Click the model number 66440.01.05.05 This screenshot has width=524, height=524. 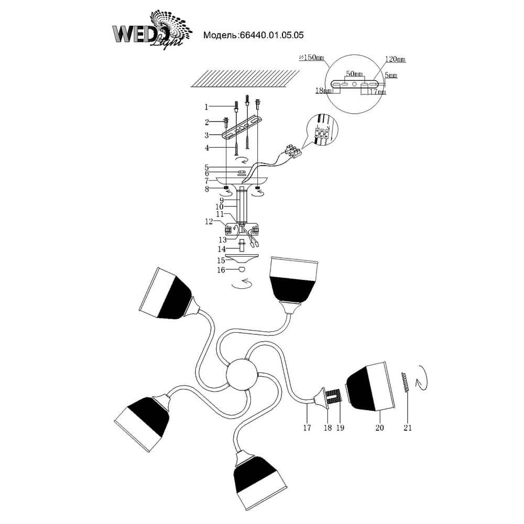point(271,36)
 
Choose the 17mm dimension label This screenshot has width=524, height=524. point(377,92)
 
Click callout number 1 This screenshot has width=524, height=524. point(206,107)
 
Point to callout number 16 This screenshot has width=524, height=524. point(221,270)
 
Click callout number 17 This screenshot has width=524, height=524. point(307,428)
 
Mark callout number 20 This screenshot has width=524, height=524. point(379,428)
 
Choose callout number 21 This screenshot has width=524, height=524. point(408,428)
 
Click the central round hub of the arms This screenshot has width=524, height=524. point(242,374)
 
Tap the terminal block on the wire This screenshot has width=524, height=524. point(292,152)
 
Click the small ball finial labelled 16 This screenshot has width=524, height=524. point(242,270)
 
